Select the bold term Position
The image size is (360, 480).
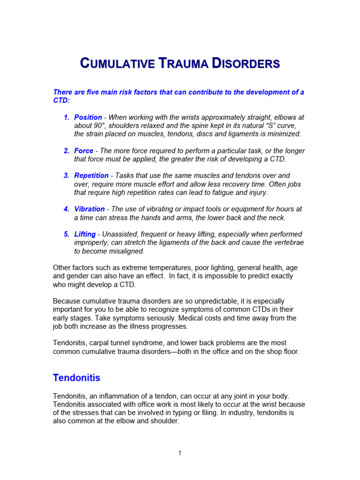(x=88, y=117)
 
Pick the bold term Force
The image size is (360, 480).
(x=83, y=151)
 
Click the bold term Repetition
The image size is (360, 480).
(x=91, y=175)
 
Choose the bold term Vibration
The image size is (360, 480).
(x=89, y=209)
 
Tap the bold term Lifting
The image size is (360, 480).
(x=85, y=234)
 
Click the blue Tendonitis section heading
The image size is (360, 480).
(x=76, y=377)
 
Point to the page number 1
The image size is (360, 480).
(x=180, y=453)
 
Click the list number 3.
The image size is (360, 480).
(x=67, y=175)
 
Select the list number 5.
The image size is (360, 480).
(x=67, y=234)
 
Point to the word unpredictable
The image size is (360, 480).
(x=226, y=301)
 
